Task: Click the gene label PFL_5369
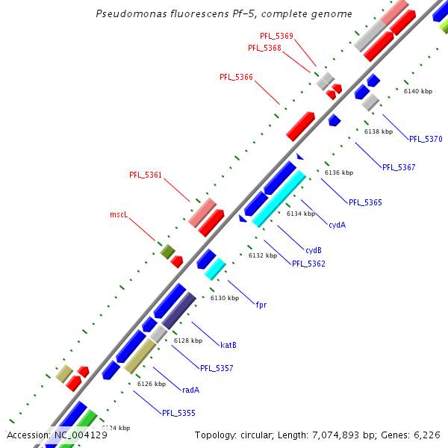point(276,36)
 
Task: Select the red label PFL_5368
point(264,48)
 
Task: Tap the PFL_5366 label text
point(236,77)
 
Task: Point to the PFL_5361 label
point(146,175)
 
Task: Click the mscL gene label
point(119,214)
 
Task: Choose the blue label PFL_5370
point(426,139)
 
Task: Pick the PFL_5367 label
point(399,167)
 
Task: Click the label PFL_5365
point(365,202)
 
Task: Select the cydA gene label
point(337,224)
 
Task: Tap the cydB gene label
point(314,250)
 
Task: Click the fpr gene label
point(261,305)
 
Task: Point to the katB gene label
point(228,345)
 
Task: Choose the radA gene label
point(190,390)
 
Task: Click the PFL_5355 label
point(178,413)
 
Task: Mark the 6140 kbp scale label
point(418,91)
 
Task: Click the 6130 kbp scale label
point(225,298)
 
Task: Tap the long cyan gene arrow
point(279,199)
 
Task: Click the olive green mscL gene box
point(167,252)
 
